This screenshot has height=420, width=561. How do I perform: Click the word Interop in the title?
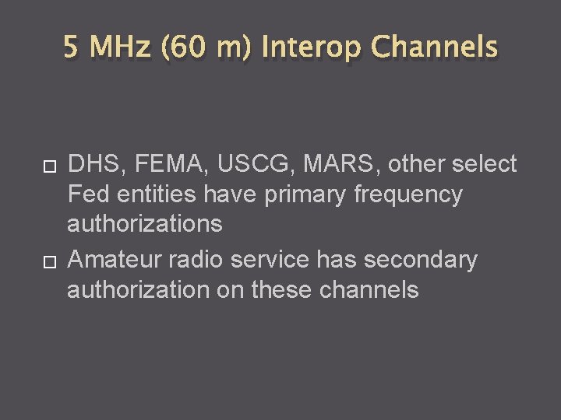pyautogui.click(x=312, y=48)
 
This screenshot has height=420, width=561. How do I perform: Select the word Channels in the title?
pyautogui.click(x=434, y=48)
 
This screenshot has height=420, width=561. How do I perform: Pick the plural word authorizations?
pyautogui.click(x=145, y=225)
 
